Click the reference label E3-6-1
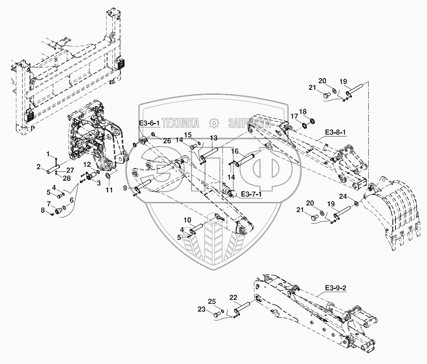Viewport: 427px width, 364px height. click(x=149, y=123)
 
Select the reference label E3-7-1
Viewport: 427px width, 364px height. click(x=251, y=194)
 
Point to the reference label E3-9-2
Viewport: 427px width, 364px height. click(x=336, y=288)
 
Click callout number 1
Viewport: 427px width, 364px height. click(x=49, y=154)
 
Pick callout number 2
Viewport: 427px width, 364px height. click(x=39, y=167)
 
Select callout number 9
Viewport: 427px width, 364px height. click(x=125, y=188)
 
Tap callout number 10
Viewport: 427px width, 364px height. click(x=187, y=220)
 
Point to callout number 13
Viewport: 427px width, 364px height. click(x=213, y=138)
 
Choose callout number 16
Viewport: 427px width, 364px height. click(x=235, y=151)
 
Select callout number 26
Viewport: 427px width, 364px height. click(x=167, y=141)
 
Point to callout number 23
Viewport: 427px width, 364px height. click(x=212, y=310)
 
